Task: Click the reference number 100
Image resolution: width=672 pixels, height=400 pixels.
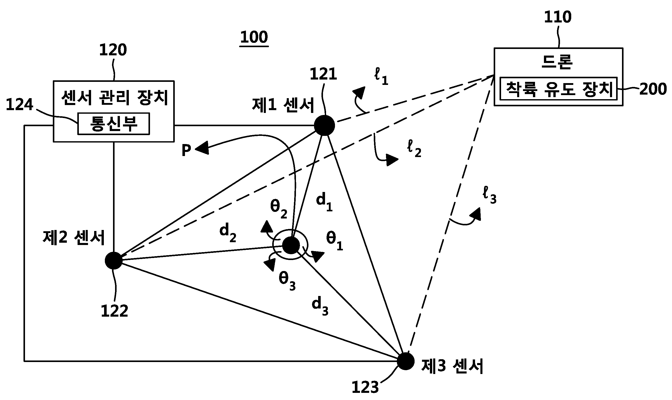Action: coord(254,37)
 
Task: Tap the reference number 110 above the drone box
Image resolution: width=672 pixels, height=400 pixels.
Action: coord(558,17)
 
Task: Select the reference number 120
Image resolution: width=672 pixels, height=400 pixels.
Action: coord(113,50)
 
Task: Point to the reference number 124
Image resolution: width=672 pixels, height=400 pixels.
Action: coord(19,105)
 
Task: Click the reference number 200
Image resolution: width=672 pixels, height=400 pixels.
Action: coord(653,89)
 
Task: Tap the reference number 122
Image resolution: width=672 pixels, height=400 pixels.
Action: coord(114,311)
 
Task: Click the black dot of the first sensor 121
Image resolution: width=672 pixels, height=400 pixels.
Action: coord(325,125)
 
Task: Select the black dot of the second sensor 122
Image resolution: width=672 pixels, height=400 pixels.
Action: coord(114,261)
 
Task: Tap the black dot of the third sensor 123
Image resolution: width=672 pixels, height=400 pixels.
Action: coord(406,362)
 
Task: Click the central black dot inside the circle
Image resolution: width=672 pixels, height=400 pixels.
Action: coord(291,245)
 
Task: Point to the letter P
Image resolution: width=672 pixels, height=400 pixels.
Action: coord(186,150)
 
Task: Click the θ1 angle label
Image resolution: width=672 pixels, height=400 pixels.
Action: coord(335,241)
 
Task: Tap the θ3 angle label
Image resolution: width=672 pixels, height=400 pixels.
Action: coord(287,281)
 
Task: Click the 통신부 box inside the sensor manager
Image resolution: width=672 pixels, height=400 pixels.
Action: coord(114,124)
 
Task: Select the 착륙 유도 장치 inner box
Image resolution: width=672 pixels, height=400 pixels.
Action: coord(558,88)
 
